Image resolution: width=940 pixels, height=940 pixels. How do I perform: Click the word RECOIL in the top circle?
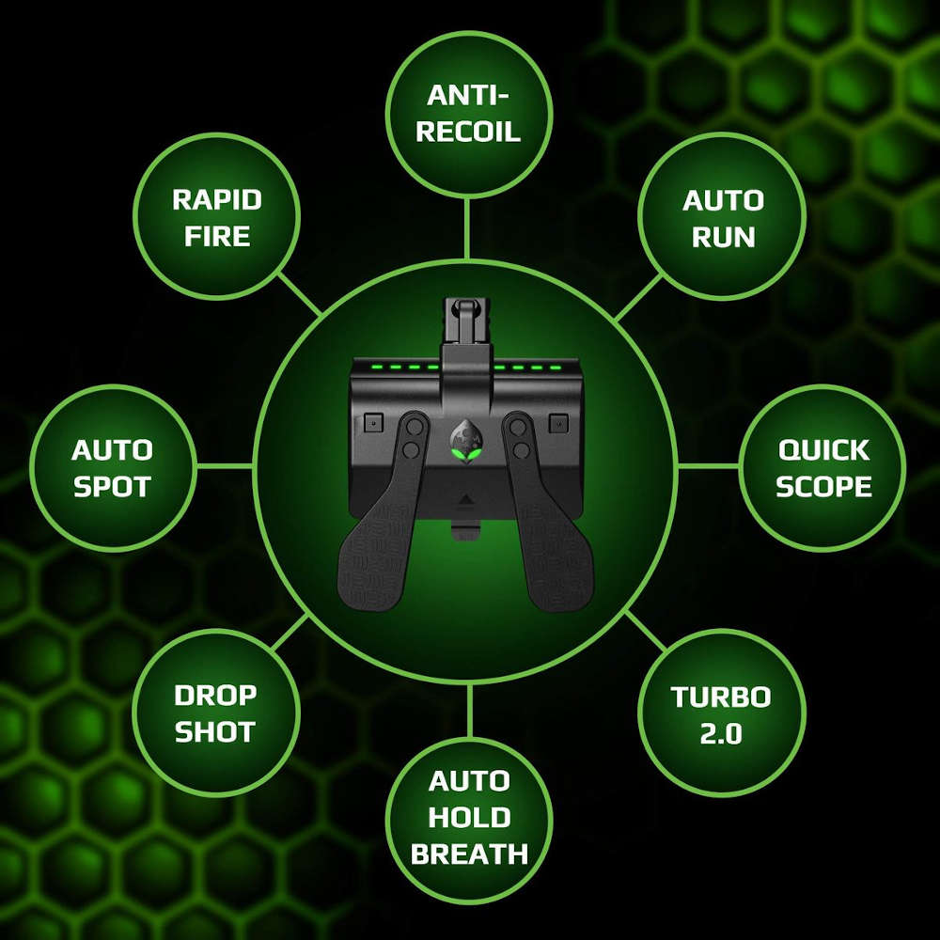(468, 130)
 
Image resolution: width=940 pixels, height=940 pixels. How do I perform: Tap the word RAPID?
(217, 199)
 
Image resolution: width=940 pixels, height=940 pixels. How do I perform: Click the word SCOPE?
(823, 486)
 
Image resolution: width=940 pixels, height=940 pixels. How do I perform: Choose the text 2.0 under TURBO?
(721, 733)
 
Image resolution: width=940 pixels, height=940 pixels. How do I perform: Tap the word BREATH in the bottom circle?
(469, 854)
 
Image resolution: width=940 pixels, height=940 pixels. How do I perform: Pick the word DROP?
(215, 696)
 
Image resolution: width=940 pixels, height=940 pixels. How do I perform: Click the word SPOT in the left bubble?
(112, 486)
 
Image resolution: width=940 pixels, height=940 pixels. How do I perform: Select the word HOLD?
(469, 817)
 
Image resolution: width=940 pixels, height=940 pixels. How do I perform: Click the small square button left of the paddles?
(372, 422)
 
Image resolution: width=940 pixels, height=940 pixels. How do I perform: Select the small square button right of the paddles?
(557, 422)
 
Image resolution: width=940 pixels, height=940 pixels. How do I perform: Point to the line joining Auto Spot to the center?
(226, 465)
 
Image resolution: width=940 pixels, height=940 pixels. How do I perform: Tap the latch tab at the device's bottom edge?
(465, 530)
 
